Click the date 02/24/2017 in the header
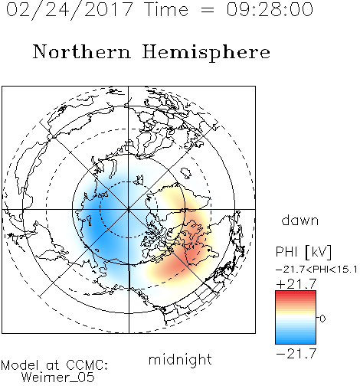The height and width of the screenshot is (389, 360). pos(70,10)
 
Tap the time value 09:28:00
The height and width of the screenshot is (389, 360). pos(270,9)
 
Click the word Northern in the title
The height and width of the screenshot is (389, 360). pos(82,51)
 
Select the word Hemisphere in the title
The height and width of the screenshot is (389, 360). pos(206,52)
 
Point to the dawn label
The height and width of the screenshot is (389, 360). pos(300,220)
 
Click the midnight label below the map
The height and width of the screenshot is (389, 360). pos(180,359)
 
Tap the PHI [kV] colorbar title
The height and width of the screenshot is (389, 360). pos(303,252)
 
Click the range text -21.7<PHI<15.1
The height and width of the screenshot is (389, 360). pos(316,270)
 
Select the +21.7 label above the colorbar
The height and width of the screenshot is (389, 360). pos(296,284)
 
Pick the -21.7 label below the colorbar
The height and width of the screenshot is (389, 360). pos(296,354)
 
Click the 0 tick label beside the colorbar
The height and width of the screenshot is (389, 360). pos(322,319)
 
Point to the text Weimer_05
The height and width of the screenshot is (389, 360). pos(58,378)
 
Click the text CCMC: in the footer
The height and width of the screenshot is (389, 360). pos(87,365)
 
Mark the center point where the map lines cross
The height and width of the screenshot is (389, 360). pos(129,209)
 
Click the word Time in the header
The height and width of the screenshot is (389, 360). pos(166,9)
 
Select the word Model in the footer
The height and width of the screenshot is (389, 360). pos(20,365)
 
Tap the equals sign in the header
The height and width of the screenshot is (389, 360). pos(208,11)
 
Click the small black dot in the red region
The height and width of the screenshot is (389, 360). pos(209,250)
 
